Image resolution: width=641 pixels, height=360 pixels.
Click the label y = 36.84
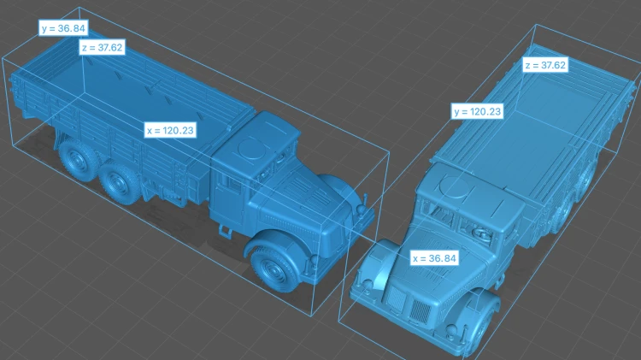pyautogui.click(x=63, y=28)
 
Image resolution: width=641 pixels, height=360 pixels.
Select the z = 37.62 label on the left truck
pyautogui.click(x=103, y=47)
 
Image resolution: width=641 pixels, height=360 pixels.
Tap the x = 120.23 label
pyautogui.click(x=170, y=130)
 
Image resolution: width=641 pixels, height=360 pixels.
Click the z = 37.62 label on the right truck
pyautogui.click(x=545, y=65)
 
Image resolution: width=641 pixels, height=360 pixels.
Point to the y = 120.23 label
pyautogui.click(x=478, y=111)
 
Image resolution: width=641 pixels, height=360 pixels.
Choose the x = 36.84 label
pyautogui.click(x=434, y=258)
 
